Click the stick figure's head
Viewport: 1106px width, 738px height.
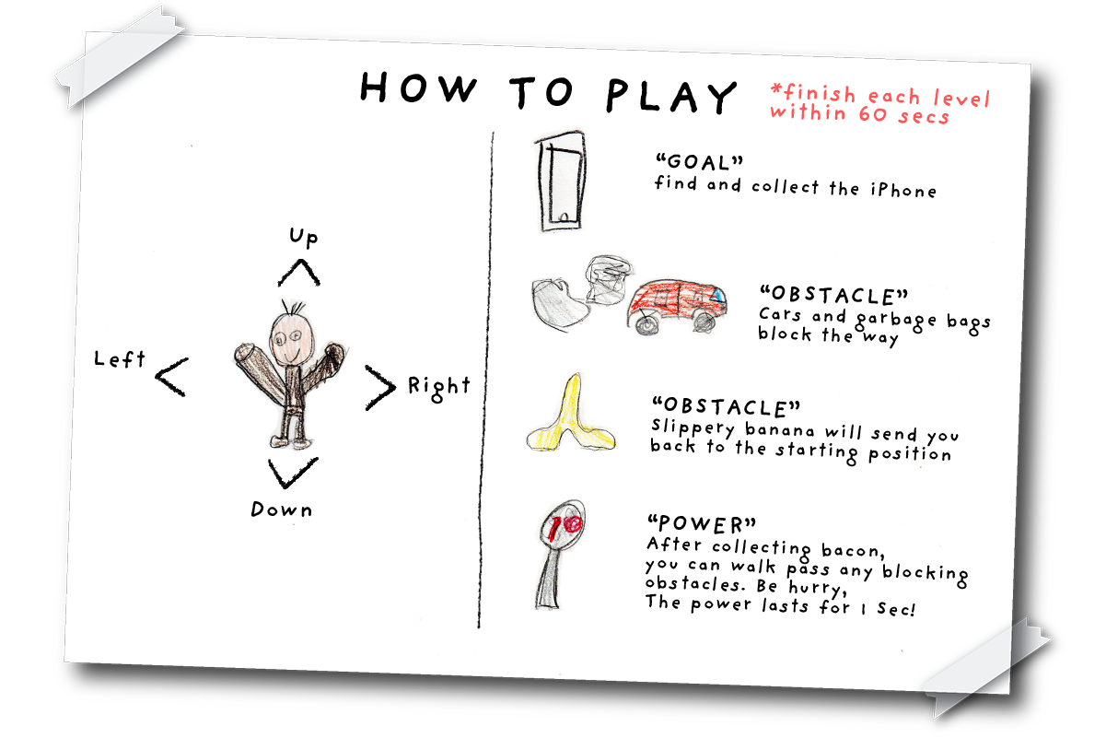click(x=291, y=337)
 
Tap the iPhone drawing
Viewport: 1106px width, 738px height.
click(x=561, y=182)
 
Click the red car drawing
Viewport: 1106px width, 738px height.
click(x=677, y=306)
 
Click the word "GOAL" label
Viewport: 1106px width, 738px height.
click(x=699, y=162)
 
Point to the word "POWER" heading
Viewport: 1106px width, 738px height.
click(x=701, y=524)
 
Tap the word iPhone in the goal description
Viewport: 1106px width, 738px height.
click(x=903, y=190)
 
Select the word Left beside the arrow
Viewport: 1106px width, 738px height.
click(x=120, y=358)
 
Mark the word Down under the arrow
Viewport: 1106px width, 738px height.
click(x=282, y=510)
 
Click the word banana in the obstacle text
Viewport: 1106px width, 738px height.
click(x=779, y=429)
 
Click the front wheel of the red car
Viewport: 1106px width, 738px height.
click(x=646, y=325)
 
